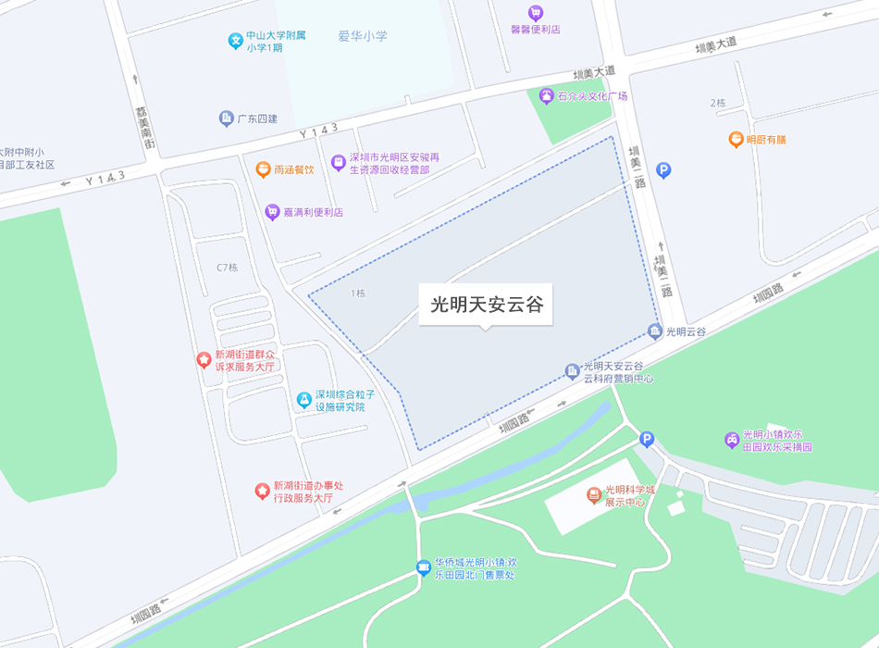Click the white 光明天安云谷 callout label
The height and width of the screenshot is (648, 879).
pos(486,304)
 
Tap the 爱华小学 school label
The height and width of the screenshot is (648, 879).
pos(363,36)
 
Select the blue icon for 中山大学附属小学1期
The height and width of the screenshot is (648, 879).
pos(236,41)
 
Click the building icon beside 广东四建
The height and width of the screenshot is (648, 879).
pos(226,118)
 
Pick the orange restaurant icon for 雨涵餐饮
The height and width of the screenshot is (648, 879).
pos(263,169)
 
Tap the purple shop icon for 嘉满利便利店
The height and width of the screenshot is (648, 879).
pos(272,212)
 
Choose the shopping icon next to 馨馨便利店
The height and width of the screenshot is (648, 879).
pos(535,13)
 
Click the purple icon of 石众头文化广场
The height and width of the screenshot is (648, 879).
pos(547,95)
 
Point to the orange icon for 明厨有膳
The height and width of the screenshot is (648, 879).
pos(736,140)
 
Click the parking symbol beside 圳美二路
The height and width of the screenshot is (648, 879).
pos(663,170)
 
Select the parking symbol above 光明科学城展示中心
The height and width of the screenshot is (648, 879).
pos(647,439)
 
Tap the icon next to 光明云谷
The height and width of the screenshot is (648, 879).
pos(655,331)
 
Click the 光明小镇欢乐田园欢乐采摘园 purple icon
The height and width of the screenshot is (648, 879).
pos(731,439)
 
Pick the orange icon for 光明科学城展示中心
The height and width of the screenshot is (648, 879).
pos(594,495)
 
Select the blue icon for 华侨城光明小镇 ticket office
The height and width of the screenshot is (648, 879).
pos(423,567)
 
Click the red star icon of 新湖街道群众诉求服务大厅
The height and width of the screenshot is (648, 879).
pos(204,359)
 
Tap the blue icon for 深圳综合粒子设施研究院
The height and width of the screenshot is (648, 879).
pos(303,400)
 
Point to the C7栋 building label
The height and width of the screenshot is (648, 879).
pos(227,268)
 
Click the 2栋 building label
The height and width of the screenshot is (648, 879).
pos(718,103)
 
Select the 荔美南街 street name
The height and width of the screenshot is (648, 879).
pos(142,122)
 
